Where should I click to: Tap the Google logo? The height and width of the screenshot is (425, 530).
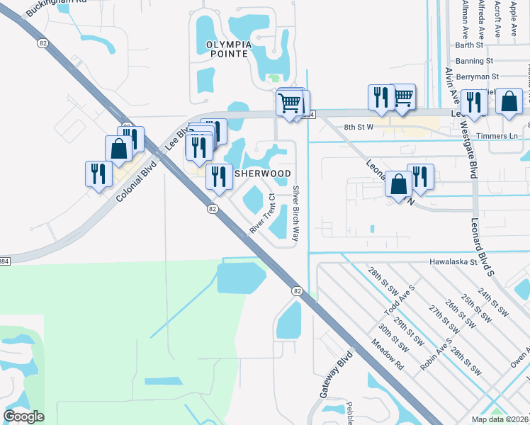(x=23, y=416)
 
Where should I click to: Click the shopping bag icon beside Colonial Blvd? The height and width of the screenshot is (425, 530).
(x=118, y=149)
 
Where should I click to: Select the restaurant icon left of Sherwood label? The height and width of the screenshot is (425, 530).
(x=219, y=177)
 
